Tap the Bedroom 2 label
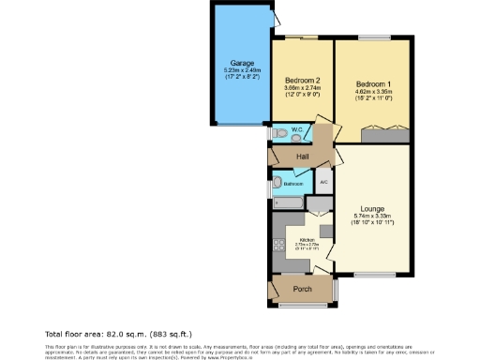coord(303,80)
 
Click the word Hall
coord(303,156)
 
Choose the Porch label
coord(302,289)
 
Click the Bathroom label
coord(293,185)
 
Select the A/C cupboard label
coord(323,182)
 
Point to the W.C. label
coord(295,129)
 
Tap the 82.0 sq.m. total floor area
coord(116,334)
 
